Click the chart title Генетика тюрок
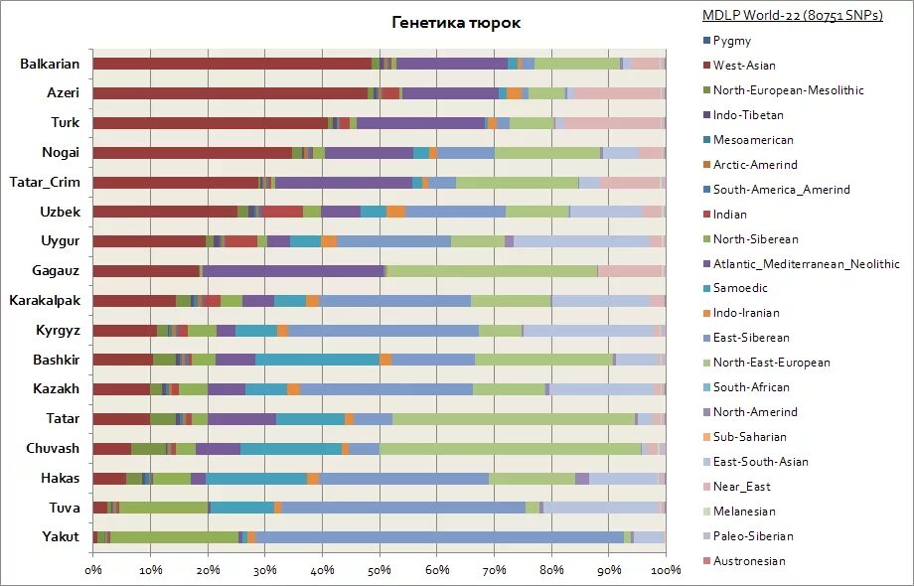[x=456, y=23]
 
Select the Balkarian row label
[x=50, y=64]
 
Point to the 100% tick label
[x=666, y=571]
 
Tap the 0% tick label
[x=93, y=571]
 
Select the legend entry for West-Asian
[x=744, y=66]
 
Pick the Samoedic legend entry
[x=741, y=288]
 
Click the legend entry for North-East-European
[x=771, y=363]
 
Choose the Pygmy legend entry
[x=733, y=41]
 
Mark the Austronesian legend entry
[x=748, y=561]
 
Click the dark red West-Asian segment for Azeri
[x=229, y=93]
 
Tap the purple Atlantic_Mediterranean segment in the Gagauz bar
[x=293, y=270]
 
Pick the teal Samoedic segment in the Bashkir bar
[x=317, y=360]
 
